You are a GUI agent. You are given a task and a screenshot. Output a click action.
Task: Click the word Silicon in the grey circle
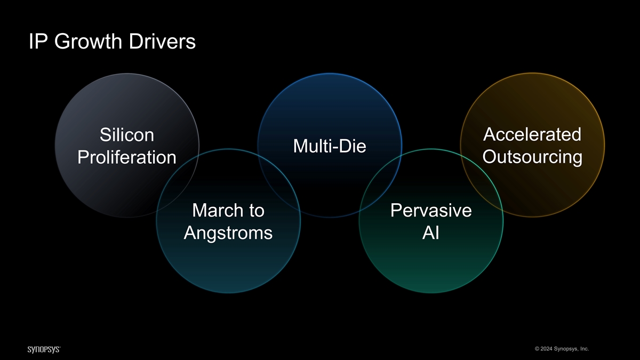coord(127,135)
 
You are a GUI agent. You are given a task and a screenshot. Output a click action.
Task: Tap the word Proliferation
coord(127,158)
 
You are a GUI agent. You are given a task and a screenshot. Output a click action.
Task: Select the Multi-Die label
coord(330,146)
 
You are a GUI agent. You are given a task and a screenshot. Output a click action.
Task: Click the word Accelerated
coord(532,134)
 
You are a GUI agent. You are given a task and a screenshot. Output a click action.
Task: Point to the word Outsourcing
coord(532,157)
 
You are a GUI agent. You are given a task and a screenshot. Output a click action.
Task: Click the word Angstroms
coord(228,233)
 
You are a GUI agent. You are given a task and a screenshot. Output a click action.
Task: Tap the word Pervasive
coord(431,211)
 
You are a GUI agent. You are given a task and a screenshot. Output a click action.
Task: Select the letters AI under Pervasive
coord(431,233)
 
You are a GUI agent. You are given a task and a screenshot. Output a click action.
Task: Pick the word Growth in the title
coord(90,42)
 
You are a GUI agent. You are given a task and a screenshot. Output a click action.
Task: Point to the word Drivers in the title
coord(165,42)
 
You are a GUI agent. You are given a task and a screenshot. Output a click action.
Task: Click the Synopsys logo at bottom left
coord(44,349)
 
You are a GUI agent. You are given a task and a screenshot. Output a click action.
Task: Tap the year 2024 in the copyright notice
coord(544,349)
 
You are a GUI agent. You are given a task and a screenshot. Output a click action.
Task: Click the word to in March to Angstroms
coord(253,211)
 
